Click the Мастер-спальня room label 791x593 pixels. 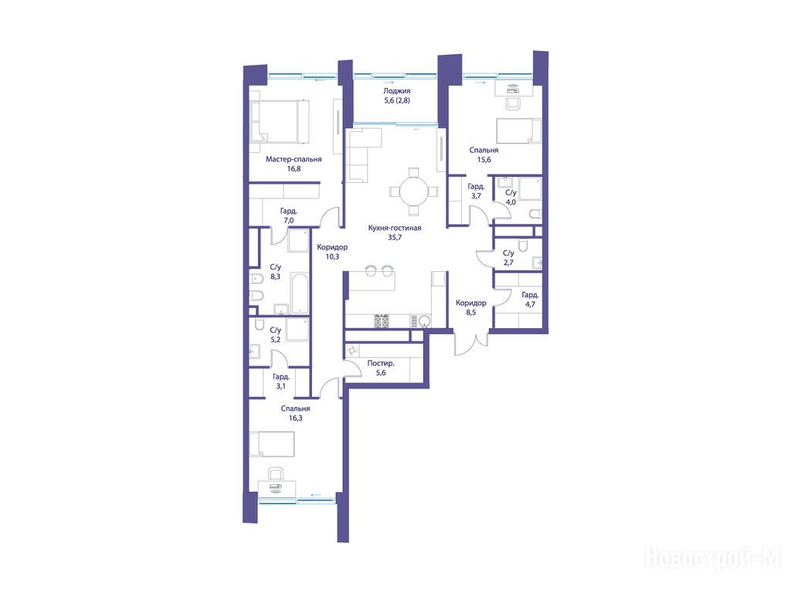point(294,159)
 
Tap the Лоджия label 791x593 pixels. point(396,91)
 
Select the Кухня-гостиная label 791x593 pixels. point(395,228)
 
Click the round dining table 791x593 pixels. point(414,191)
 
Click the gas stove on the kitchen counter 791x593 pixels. point(381,320)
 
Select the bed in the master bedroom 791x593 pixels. point(280,121)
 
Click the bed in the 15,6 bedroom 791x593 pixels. point(519,131)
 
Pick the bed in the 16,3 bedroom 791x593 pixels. point(272,444)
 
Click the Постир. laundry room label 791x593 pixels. point(381,363)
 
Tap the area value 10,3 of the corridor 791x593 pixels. point(332,256)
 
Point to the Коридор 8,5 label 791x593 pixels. point(470,307)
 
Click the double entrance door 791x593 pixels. point(471,343)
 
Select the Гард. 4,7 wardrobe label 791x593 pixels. point(530,300)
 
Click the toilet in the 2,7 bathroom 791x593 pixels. point(523,245)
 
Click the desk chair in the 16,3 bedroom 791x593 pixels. point(276,473)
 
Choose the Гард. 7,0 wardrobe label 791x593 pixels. point(289,216)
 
